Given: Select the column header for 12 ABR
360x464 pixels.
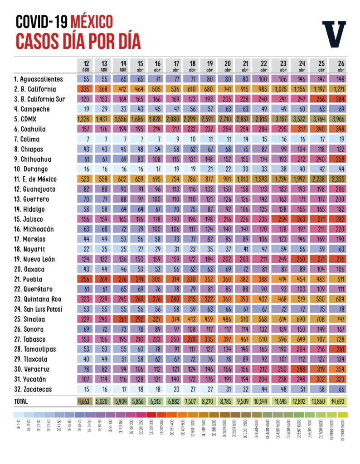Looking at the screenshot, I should point(86,66).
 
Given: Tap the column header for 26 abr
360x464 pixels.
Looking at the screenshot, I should point(341,66).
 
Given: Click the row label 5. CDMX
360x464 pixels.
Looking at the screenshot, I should point(27,119).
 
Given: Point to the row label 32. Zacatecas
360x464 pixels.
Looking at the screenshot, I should point(33,389).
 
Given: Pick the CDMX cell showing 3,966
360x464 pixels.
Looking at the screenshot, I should point(341,119).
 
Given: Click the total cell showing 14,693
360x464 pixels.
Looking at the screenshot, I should point(341,401).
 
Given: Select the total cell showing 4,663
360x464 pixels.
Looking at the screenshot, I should point(86,401).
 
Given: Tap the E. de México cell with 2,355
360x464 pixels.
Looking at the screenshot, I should point(341,179).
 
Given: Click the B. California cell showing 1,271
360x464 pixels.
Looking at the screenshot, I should point(341,89).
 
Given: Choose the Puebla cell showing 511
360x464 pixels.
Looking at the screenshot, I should point(341,279).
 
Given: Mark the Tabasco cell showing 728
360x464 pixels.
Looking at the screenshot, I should point(341,339).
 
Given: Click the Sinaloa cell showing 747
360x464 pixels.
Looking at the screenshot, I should point(341,319).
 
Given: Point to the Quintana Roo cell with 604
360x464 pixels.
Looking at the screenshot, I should point(341,299).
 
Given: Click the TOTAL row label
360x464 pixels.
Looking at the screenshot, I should point(21,401).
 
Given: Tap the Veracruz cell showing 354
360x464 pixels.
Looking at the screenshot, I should point(341,369).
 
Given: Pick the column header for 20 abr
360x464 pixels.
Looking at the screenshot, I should point(227,66).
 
